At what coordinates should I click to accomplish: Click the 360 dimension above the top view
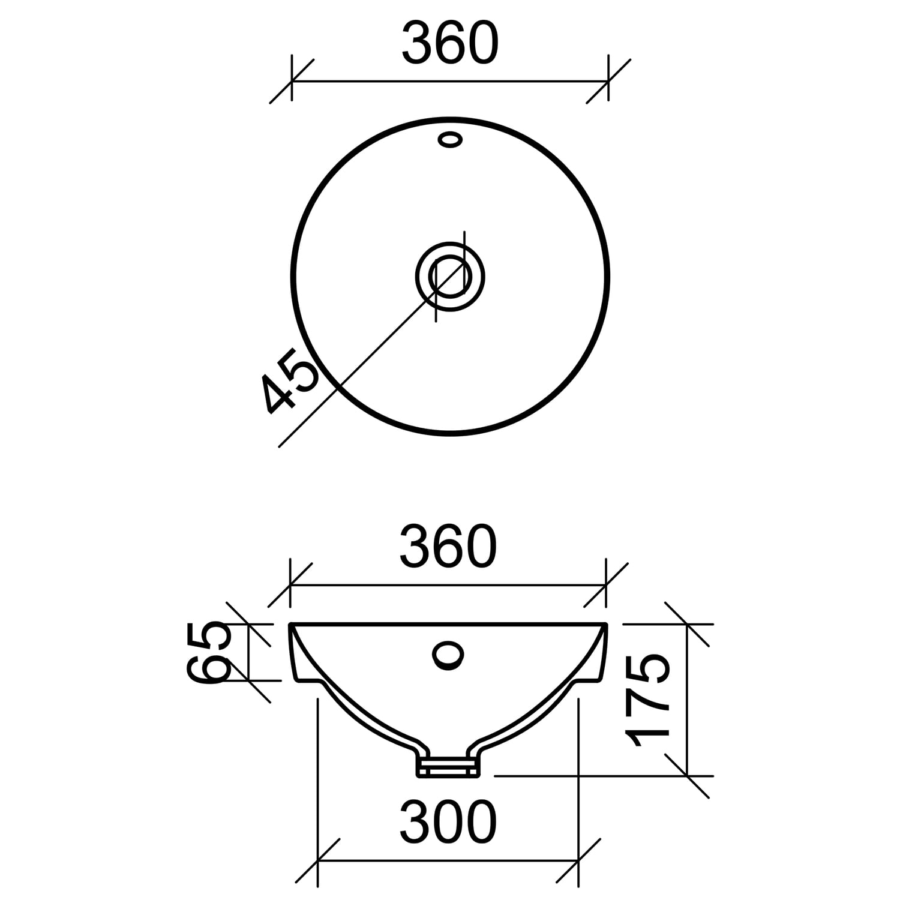point(450,44)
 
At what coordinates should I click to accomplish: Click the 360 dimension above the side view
point(449,547)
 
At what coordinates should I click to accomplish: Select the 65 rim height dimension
point(209,652)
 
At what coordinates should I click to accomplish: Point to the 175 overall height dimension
point(647,700)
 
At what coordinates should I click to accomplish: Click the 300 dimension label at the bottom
point(449,822)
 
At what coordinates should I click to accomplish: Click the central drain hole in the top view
point(450,277)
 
